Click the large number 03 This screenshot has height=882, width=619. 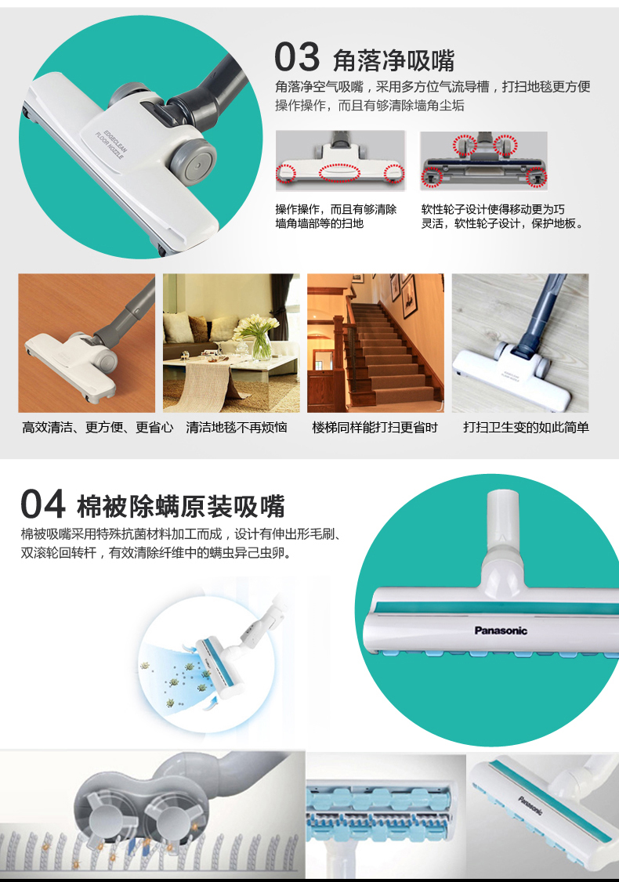tap(296, 57)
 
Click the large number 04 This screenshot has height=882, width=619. tap(43, 504)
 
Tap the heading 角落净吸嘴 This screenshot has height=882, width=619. tap(393, 60)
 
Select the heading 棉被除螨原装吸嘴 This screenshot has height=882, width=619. tap(181, 506)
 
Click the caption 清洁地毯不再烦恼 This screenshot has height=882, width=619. tap(237, 428)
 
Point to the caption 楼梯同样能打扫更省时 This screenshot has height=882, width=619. tap(375, 428)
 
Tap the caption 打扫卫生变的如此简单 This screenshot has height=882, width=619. tap(526, 428)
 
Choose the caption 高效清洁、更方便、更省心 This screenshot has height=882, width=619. tap(97, 428)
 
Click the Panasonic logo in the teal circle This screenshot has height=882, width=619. tap(501, 631)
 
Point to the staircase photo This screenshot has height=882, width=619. tap(375, 343)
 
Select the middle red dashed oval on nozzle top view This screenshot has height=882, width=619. tap(339, 172)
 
